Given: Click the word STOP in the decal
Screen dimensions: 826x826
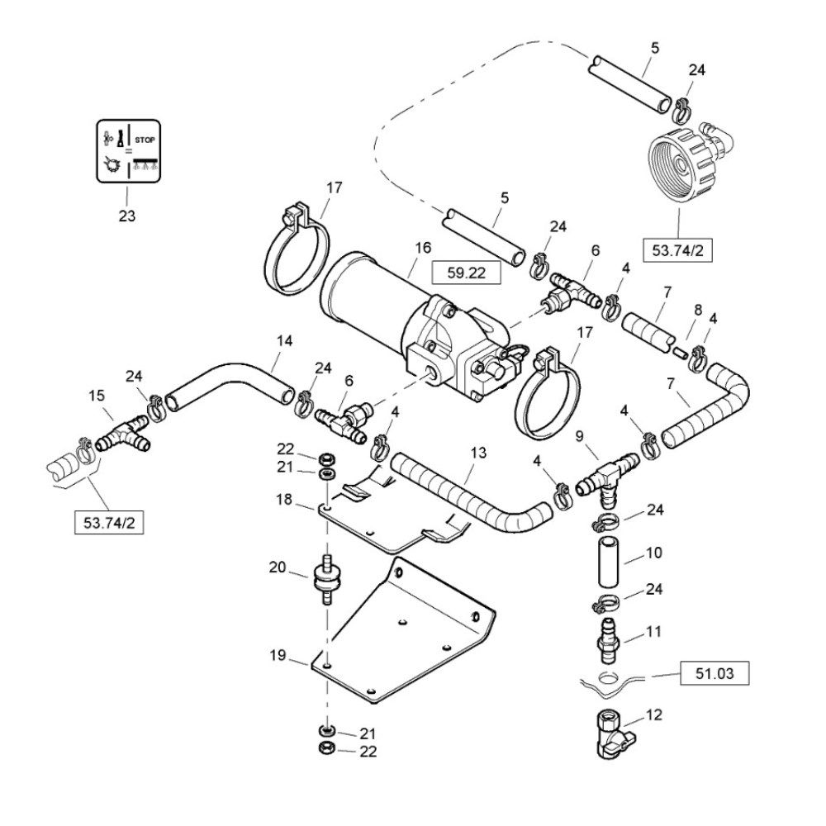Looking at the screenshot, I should tap(145, 140).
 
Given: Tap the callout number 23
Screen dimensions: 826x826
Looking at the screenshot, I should tap(126, 216).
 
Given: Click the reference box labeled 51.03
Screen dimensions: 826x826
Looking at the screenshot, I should tap(714, 674).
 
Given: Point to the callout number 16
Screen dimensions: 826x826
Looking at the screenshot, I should tap(422, 248).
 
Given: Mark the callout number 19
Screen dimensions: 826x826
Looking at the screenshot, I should tap(278, 655).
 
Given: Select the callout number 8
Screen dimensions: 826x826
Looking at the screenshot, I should tap(698, 310).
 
